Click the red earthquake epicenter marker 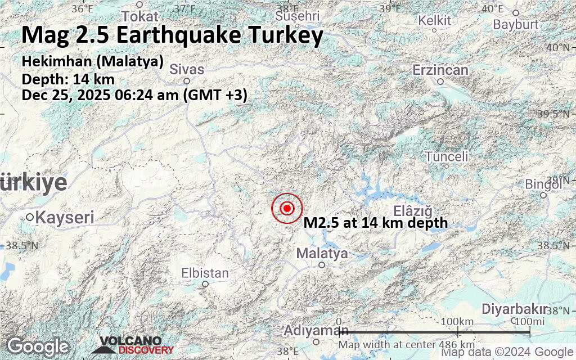(287, 209)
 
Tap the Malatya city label (322, 254)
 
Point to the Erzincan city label (440, 70)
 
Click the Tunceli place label (447, 156)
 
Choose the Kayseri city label (65, 217)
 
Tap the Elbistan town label (205, 273)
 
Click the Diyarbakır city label (515, 309)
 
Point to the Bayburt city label (516, 24)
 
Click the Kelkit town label (435, 21)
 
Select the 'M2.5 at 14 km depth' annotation (376, 223)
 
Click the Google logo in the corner (38, 345)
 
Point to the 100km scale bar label (457, 321)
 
